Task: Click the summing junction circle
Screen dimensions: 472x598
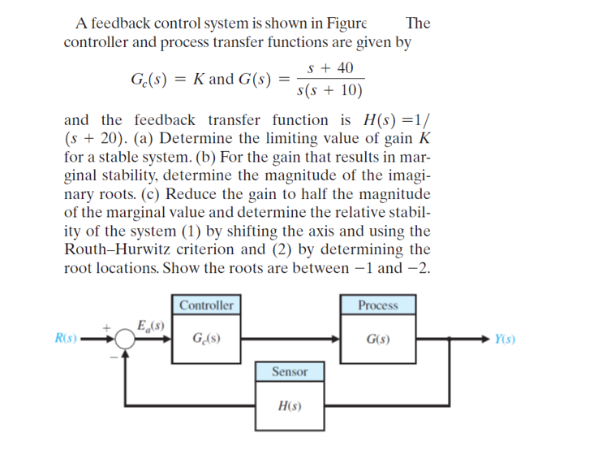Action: (124, 339)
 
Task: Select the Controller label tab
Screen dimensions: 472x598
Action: (206, 305)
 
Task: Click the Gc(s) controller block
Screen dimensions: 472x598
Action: (206, 339)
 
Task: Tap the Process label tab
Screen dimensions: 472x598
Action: (378, 305)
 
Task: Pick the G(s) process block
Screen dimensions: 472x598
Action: (378, 339)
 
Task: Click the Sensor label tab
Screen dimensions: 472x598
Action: (290, 371)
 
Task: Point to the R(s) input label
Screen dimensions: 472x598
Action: (66, 339)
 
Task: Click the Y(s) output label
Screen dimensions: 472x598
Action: (507, 339)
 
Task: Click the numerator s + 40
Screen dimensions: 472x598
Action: (331, 68)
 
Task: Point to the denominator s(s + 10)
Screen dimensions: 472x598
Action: (330, 89)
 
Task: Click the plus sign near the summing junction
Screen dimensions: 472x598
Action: (106, 327)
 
